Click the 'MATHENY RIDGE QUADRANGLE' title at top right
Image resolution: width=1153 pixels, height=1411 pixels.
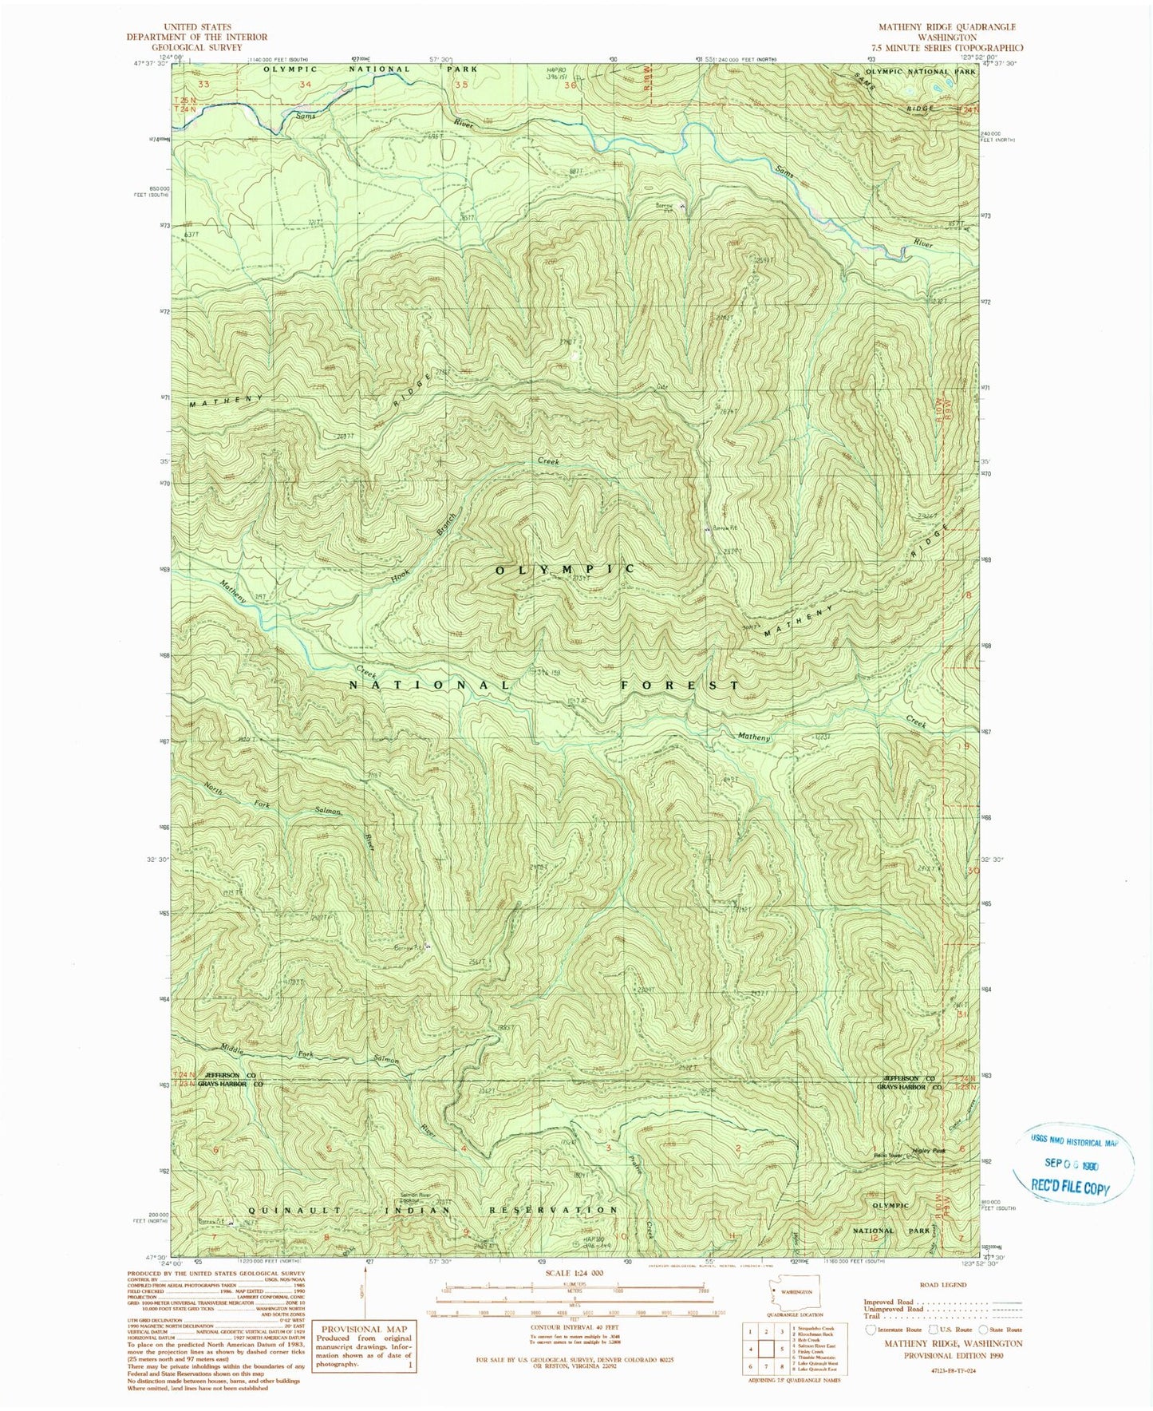click(947, 27)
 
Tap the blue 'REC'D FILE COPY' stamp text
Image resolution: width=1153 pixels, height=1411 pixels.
click(1069, 1187)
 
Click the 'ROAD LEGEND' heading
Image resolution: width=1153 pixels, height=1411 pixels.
click(943, 1285)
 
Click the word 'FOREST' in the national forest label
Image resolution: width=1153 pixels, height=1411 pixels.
click(680, 685)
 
